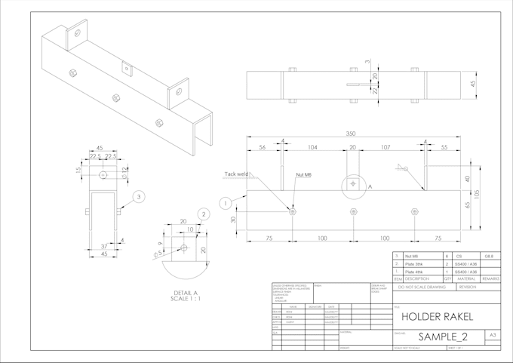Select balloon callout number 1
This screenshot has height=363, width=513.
point(224,202)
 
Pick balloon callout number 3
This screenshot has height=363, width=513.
point(139,198)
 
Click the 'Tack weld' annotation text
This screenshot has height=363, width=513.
point(236,174)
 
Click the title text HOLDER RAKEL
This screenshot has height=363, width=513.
point(437,316)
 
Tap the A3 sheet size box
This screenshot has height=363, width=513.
point(493,334)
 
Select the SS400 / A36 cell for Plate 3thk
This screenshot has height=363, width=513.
point(466,264)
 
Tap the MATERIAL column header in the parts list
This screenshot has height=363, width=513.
point(466,278)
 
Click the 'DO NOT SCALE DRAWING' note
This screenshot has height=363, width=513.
point(424,288)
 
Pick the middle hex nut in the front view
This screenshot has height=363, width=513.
point(354,211)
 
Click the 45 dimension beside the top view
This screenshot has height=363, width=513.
point(473,85)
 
